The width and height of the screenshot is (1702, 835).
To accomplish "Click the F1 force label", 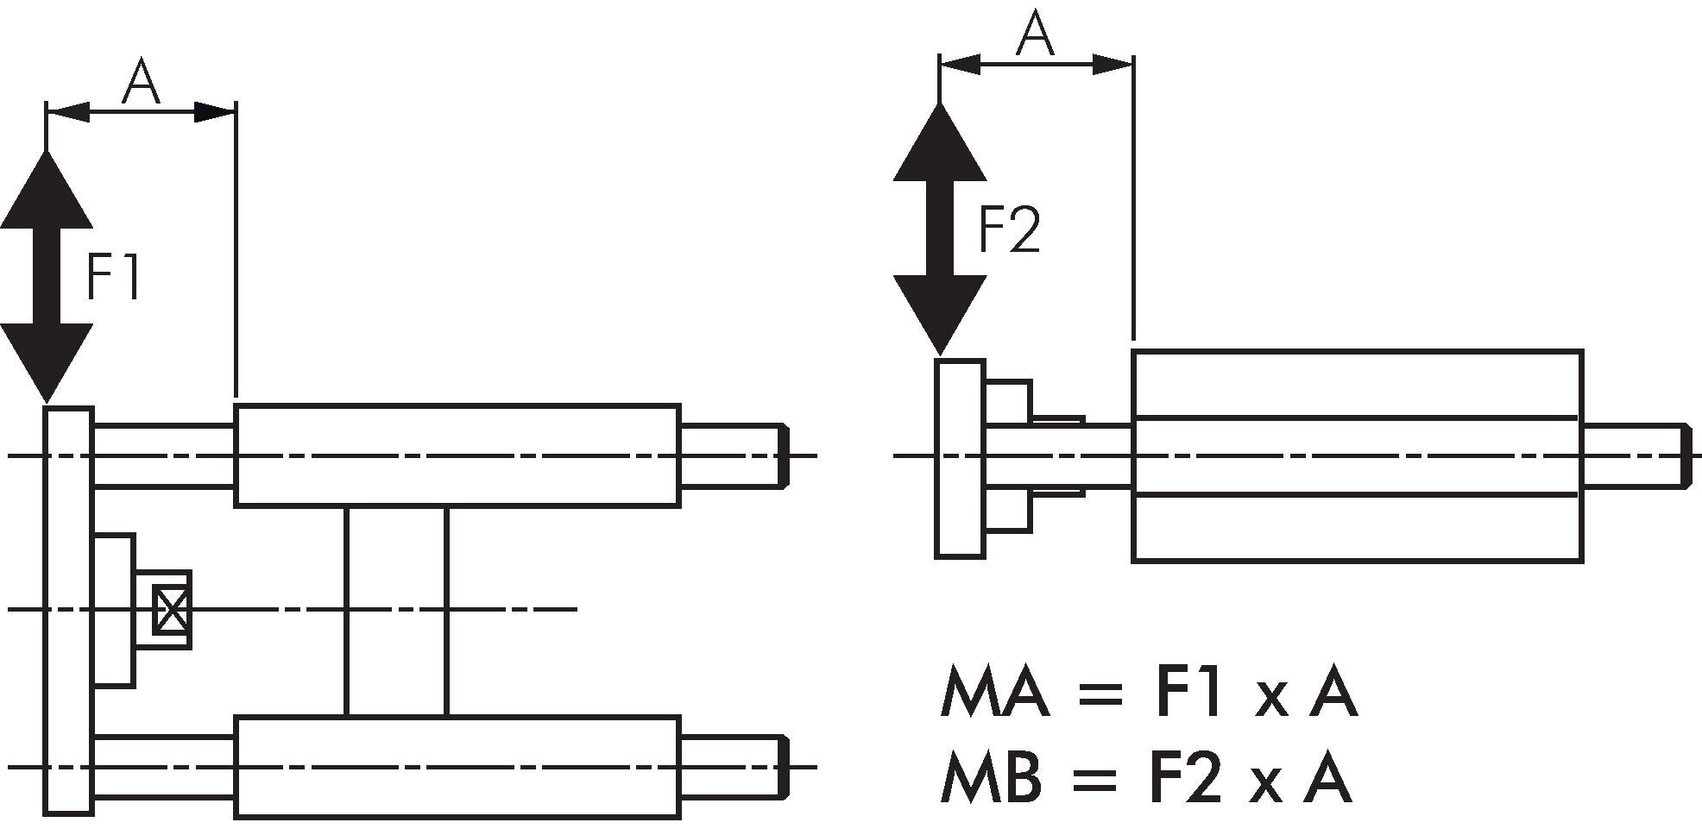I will (x=113, y=278).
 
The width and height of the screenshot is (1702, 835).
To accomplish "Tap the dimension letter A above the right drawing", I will (x=1035, y=35).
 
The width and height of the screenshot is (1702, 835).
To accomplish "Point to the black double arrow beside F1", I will (x=46, y=276).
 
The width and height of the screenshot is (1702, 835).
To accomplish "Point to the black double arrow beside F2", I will (x=939, y=229).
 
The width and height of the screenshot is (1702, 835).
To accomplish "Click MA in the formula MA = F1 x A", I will (x=994, y=692).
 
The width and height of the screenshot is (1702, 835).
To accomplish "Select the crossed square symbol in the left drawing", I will (x=172, y=609).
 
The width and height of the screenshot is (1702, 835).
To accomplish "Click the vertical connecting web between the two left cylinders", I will (x=396, y=610).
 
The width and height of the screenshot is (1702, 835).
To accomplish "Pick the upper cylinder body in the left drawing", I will (x=457, y=455).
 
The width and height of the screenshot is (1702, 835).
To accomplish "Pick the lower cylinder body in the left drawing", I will (x=457, y=766).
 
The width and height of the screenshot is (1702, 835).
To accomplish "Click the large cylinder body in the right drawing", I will (x=1357, y=455).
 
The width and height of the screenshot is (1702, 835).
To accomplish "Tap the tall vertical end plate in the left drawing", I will (x=68, y=610).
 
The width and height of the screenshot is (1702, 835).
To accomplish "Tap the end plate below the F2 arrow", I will (x=960, y=458).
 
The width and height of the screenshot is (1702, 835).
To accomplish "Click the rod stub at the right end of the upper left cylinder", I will (x=732, y=455).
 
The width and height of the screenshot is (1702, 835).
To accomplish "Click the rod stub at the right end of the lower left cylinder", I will (x=732, y=766).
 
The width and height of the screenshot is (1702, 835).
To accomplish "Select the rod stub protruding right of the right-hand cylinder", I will (x=1634, y=456).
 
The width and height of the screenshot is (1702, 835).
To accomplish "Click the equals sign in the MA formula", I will (x=1101, y=693).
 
